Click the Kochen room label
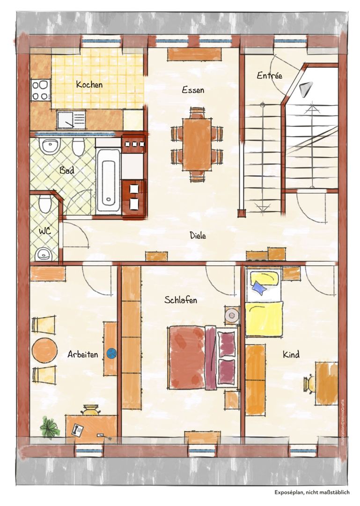tap(89, 84)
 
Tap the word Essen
tap(193, 89)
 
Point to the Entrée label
tap(269, 75)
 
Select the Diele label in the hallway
tap(198, 236)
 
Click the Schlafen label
tap(181, 300)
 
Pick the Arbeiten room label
tap(82, 354)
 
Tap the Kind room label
tap(291, 355)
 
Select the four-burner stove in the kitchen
tap(41, 89)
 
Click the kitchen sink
tap(71, 119)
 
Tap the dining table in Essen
tap(197, 144)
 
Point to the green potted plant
tap(50, 427)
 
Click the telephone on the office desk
tap(77, 430)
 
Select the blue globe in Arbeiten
tap(111, 353)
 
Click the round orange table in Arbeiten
tap(44, 350)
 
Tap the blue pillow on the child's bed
tap(259, 288)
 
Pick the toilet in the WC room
tap(45, 204)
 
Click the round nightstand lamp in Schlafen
tap(232, 315)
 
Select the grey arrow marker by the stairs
tap(306, 89)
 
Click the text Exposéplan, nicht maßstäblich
tap(312, 492)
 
